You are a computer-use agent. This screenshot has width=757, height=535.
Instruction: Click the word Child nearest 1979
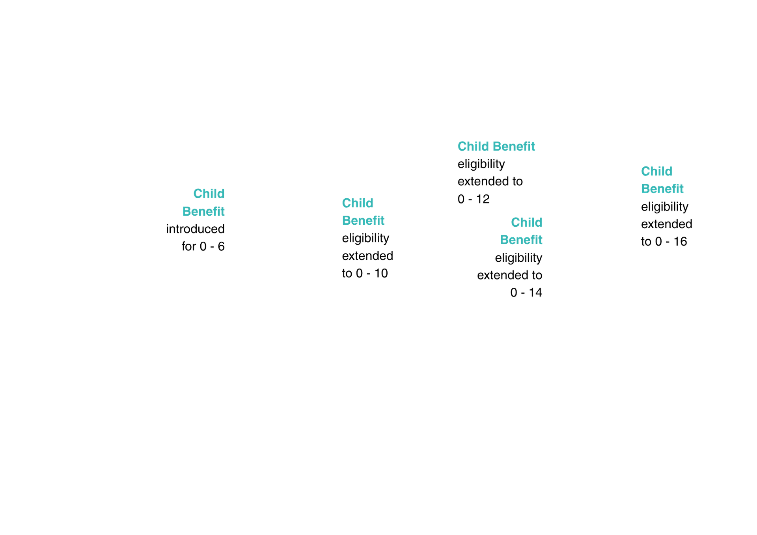coord(209,194)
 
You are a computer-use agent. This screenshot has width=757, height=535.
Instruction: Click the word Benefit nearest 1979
coord(203,211)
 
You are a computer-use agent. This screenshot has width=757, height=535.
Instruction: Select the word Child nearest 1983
coord(358,203)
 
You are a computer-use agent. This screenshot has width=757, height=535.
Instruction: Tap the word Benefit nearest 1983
coord(364,220)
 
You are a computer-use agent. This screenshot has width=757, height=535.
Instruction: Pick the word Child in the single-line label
coord(473,146)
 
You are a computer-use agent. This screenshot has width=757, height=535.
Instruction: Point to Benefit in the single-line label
coord(514,146)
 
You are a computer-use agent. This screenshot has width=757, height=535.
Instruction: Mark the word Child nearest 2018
coord(527,222)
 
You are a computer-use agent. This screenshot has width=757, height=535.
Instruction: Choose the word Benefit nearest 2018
coord(521,240)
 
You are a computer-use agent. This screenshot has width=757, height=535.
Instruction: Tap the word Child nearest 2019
coord(656,171)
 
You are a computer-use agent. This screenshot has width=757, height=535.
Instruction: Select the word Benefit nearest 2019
coord(662,189)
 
